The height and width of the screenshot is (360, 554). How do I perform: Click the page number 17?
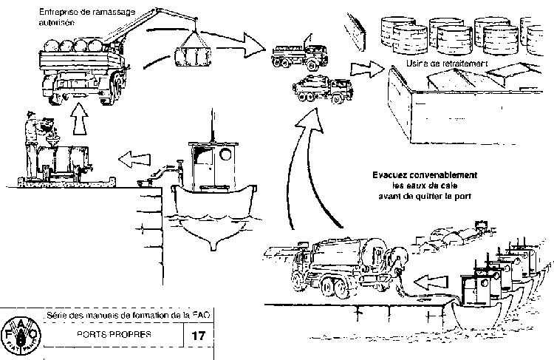[197, 335]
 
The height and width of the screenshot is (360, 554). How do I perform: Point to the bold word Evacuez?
[393, 175]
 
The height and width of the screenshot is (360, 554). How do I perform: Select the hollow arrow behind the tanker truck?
[431, 281]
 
